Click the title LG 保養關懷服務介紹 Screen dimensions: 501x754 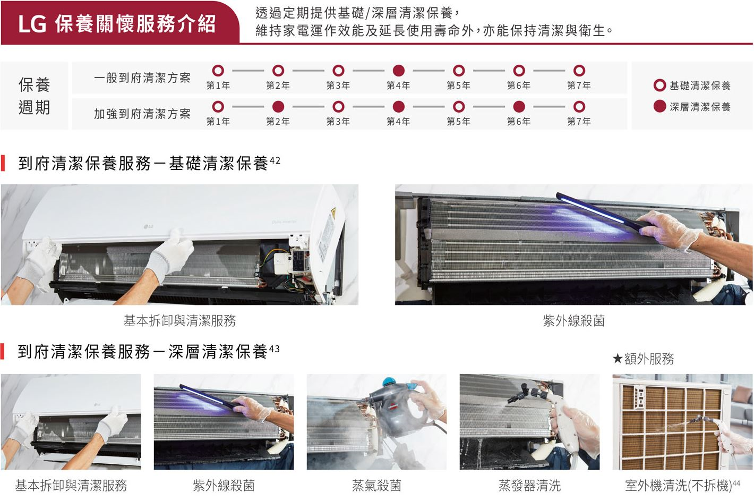coord(117,23)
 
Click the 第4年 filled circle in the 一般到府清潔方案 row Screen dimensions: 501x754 coord(399,71)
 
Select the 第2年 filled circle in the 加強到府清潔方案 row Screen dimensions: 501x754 coord(278,107)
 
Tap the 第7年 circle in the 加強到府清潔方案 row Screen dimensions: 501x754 coord(579,107)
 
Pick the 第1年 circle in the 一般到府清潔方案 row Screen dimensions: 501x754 coord(218,71)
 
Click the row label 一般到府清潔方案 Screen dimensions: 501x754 coord(142,78)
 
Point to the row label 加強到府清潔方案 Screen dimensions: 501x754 coord(142,114)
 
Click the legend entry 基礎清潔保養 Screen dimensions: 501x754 coord(699,86)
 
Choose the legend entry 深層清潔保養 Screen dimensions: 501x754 coord(699,107)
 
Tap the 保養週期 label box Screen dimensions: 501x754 coord(35,96)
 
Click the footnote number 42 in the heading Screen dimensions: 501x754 coord(275,160)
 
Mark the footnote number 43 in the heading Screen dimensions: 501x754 coord(274,349)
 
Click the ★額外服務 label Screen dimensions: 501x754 coord(643,359)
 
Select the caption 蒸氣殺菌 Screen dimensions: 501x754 coord(376,485)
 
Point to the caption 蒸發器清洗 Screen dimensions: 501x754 coord(529,485)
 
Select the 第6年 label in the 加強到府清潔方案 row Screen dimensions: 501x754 coord(519,122)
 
